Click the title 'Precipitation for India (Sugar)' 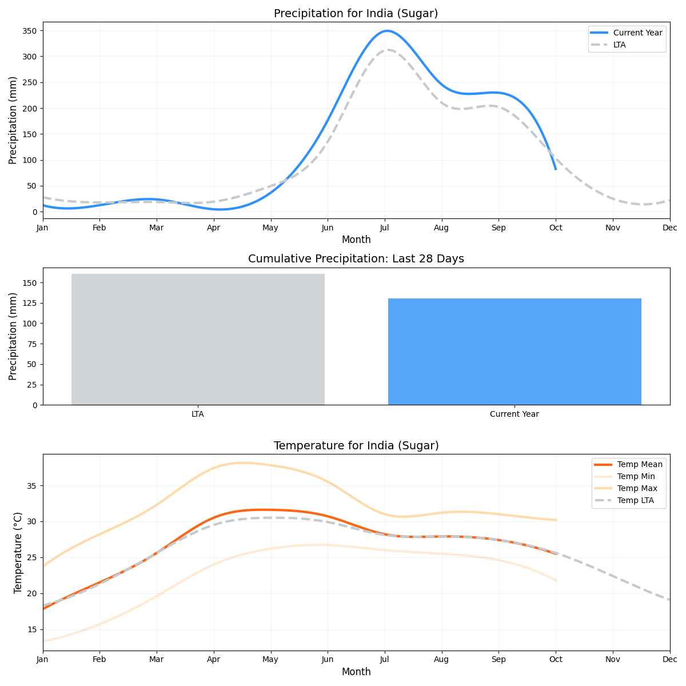[x=356, y=13]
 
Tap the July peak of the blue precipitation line [x=387, y=31]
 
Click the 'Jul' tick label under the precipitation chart [x=385, y=228]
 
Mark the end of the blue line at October [x=556, y=169]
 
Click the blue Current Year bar [x=514, y=352]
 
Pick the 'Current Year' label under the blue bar [x=514, y=414]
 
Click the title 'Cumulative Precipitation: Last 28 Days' [x=356, y=259]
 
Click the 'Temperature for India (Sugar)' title [x=356, y=445]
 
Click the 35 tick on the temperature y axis [x=32, y=486]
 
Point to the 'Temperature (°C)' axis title [x=18, y=552]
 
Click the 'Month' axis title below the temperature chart [x=356, y=672]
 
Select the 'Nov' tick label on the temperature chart [x=613, y=659]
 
